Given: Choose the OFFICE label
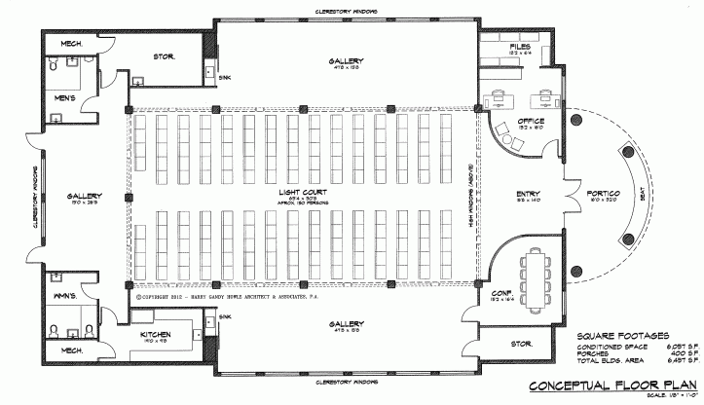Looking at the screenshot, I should point(504,121).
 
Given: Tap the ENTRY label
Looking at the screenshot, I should point(529,194).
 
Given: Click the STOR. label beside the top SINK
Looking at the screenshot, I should point(164,57).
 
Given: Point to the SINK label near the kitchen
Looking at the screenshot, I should point(225,316).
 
